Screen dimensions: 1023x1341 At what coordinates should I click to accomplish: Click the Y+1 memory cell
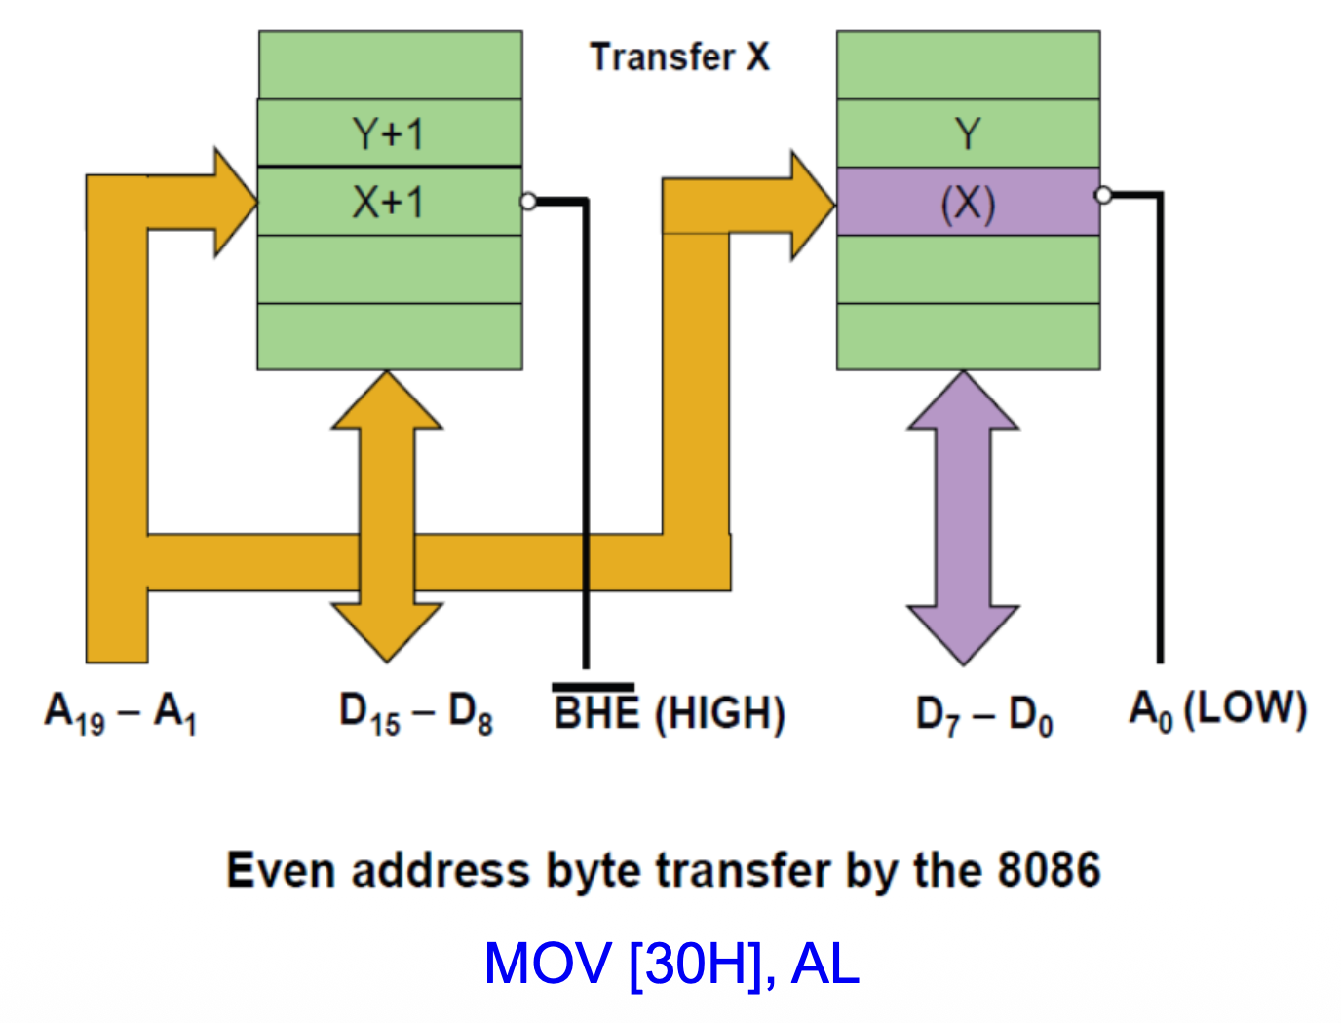coord(389,133)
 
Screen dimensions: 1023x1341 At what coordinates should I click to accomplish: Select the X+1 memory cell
coord(389,202)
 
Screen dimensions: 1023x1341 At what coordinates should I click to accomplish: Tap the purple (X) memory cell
coord(968,202)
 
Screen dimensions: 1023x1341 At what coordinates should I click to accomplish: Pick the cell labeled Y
coord(968,133)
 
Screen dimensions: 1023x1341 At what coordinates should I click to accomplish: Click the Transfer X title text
coord(679,57)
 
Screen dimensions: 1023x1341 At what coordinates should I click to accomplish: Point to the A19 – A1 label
coord(121,712)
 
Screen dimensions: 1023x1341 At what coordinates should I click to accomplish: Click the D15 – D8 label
coord(415,714)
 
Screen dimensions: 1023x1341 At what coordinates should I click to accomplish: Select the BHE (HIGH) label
coord(669,712)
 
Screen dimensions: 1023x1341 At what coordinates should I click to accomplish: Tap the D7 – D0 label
coord(984,716)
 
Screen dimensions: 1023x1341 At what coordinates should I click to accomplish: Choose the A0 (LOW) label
coord(1217,710)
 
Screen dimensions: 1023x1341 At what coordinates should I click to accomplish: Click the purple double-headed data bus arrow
coord(963,516)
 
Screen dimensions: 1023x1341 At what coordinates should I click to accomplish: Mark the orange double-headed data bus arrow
coord(387,516)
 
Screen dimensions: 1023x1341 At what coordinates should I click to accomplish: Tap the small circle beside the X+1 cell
coord(528,202)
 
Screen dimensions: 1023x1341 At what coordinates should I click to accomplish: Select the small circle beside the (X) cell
coord(1103,195)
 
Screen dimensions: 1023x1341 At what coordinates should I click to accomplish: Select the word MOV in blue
coord(548,964)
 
